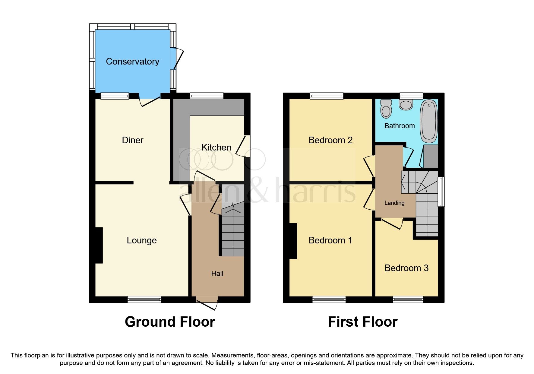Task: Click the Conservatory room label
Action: (x=132, y=62)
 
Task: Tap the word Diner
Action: (x=132, y=140)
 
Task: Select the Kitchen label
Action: (x=216, y=147)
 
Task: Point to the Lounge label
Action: (x=141, y=240)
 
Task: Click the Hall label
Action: (x=217, y=274)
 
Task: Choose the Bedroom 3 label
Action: (x=406, y=268)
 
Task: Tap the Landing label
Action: (x=394, y=203)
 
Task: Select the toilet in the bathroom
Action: (x=386, y=109)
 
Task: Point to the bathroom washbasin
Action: (x=406, y=105)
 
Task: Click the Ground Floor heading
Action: (x=170, y=322)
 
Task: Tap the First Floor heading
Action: (x=362, y=322)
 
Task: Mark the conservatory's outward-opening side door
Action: (x=178, y=59)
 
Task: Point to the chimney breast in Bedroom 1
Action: (x=293, y=241)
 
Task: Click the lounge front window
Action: (x=144, y=300)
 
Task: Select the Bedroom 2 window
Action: (x=327, y=96)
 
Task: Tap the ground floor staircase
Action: (x=233, y=232)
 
